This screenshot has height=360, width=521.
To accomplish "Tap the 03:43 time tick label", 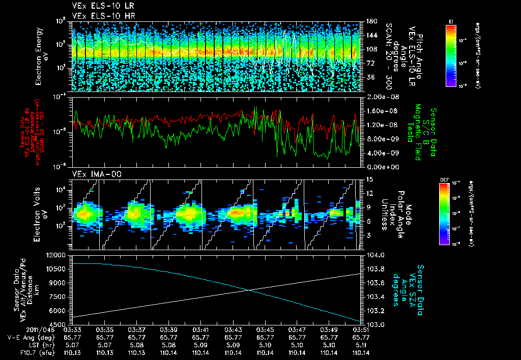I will [x=233, y=329].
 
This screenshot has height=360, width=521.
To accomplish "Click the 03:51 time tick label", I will [x=361, y=329].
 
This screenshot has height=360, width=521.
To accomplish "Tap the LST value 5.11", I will [x=361, y=345].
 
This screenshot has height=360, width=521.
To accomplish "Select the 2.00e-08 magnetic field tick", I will [x=378, y=97].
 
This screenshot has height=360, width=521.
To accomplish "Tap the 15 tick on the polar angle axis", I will [x=369, y=179].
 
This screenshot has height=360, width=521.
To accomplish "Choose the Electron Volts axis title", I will [x=41, y=214].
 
